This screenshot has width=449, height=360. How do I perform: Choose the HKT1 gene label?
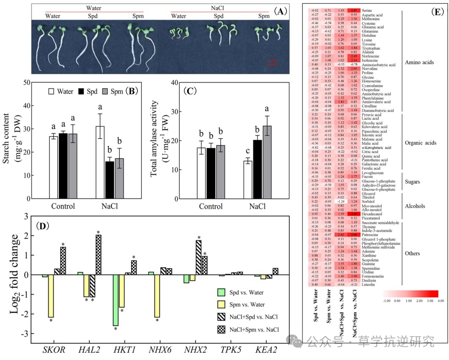125,349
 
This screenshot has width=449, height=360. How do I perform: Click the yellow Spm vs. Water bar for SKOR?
50,296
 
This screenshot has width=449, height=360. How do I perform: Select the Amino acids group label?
420,62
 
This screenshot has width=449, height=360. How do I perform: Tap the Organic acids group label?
421,143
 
